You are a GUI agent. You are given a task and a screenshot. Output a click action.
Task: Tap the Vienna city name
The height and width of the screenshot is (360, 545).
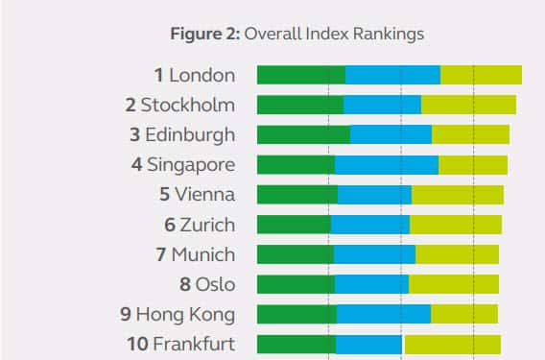tap(203, 195)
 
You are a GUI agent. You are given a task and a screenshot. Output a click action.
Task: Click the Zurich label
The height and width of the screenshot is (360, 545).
tap(205, 225)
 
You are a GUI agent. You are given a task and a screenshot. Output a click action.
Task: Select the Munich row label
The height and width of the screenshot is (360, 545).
tap(202, 254)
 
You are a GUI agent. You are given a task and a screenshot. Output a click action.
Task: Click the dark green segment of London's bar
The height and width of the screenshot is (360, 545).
tap(300, 75)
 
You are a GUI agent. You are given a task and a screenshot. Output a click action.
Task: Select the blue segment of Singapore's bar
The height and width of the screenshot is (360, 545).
tap(386, 165)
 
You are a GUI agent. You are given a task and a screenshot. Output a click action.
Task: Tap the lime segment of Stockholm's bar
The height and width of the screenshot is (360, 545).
tap(468, 105)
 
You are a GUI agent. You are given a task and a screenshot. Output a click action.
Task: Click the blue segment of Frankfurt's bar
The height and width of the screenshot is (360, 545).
tap(368, 344)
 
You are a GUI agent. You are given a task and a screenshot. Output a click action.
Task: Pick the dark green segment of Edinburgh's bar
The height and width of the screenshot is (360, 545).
tap(303, 134)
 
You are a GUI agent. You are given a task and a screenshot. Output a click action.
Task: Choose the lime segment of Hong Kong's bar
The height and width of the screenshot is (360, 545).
tap(463, 314)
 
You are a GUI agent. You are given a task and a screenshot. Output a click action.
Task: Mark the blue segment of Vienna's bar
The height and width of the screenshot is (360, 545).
tap(374, 195)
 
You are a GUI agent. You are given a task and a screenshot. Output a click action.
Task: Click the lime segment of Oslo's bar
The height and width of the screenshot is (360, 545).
tap(453, 284)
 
